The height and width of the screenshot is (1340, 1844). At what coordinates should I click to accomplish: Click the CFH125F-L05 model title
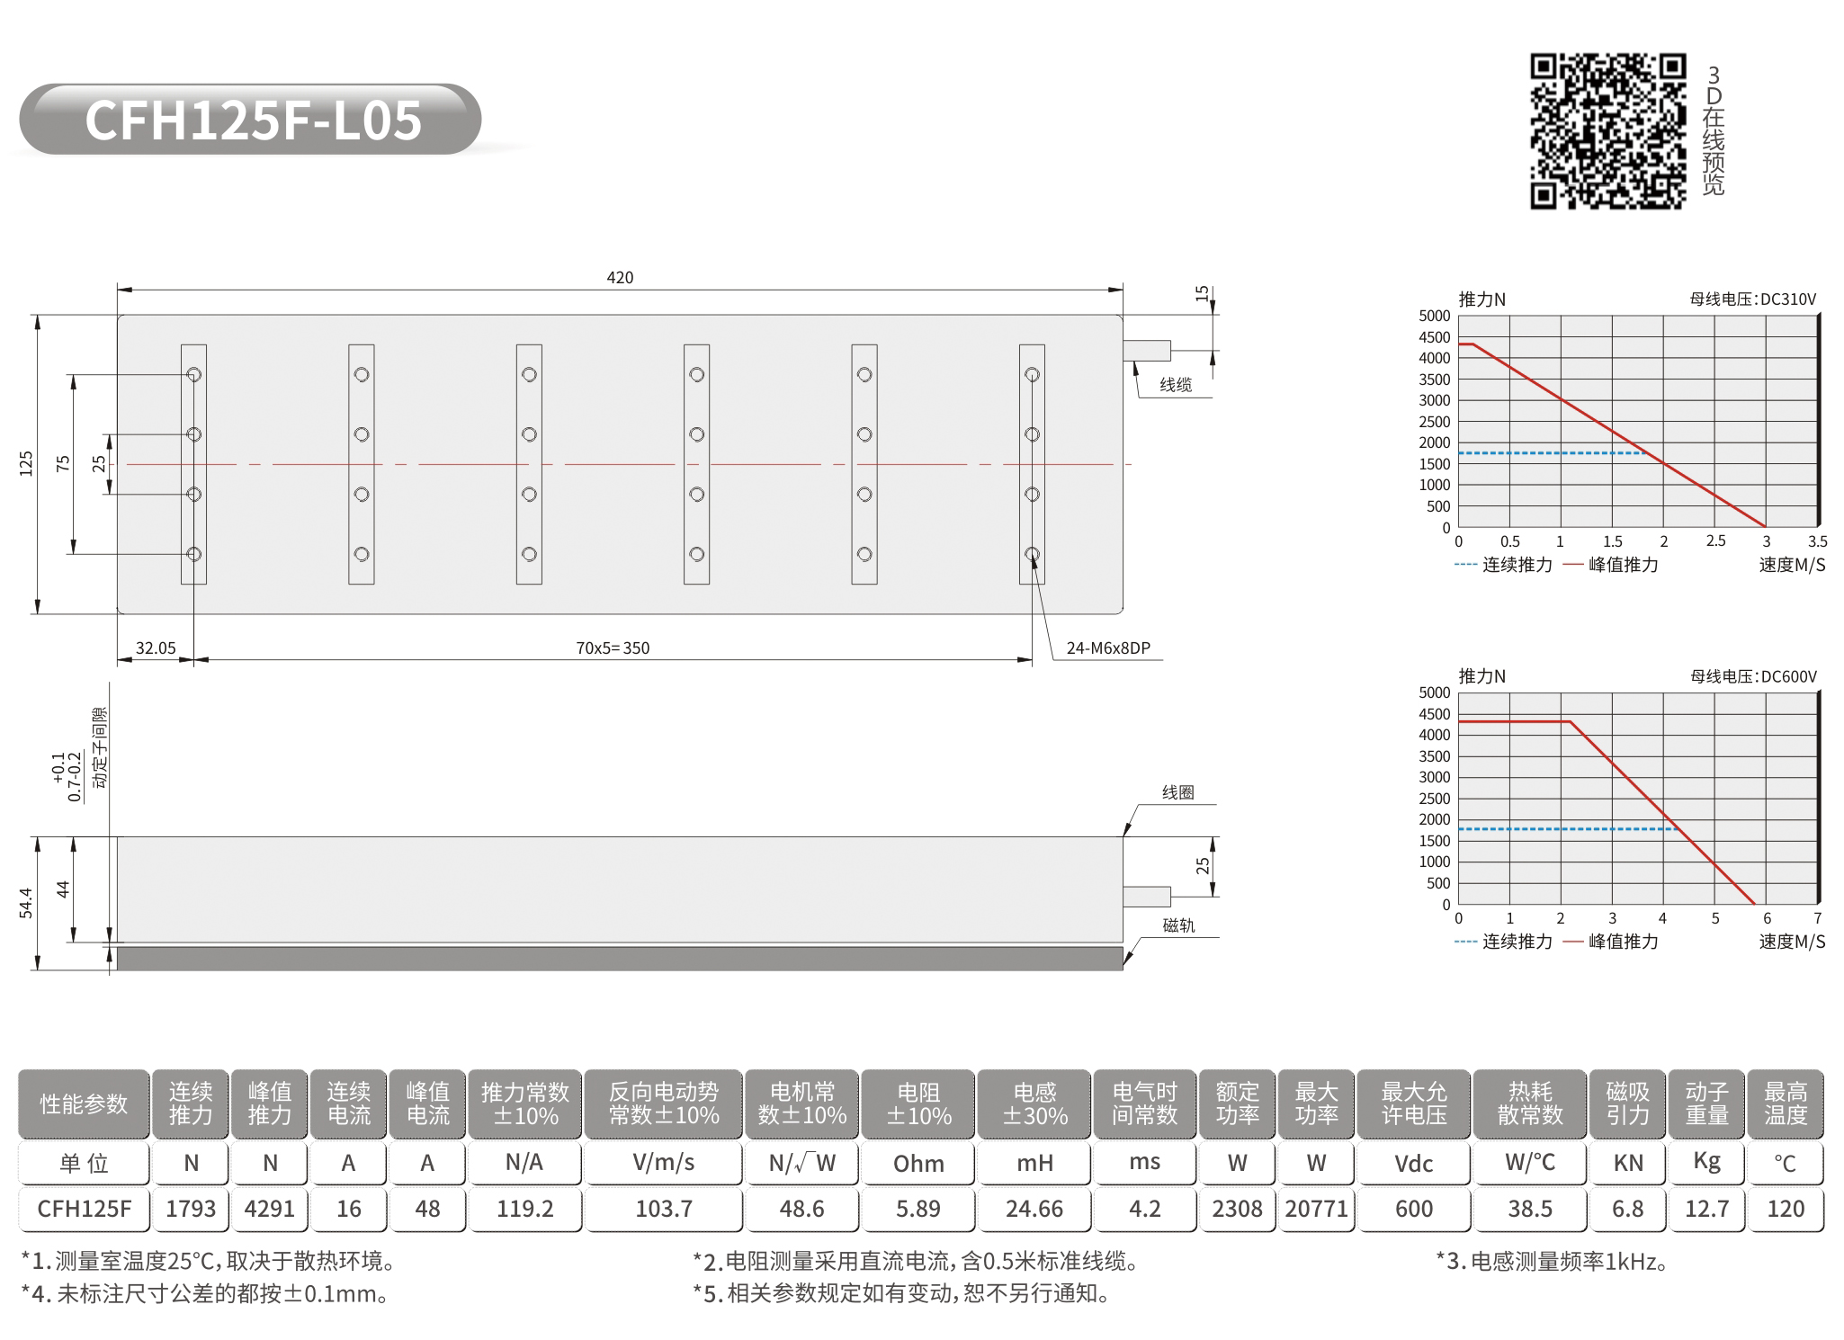pyautogui.click(x=253, y=120)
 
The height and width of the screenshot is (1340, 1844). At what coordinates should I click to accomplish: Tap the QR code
pyautogui.click(x=1607, y=131)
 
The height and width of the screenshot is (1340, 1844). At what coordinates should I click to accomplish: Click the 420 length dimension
pyautogui.click(x=620, y=278)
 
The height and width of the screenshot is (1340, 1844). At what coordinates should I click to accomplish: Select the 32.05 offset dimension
pyautogui.click(x=156, y=648)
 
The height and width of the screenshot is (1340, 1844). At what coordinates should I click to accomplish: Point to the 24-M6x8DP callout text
pyautogui.click(x=1108, y=648)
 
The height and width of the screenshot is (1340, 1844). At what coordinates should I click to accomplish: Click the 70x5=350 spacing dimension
pyautogui.click(x=613, y=648)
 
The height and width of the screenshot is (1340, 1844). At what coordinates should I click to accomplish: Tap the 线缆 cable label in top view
pyautogui.click(x=1176, y=385)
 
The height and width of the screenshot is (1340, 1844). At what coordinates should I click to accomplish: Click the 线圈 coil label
pyautogui.click(x=1178, y=792)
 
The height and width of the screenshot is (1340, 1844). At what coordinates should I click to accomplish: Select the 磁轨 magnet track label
pyautogui.click(x=1178, y=925)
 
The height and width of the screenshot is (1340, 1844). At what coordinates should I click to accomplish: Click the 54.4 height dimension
pyautogui.click(x=26, y=903)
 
